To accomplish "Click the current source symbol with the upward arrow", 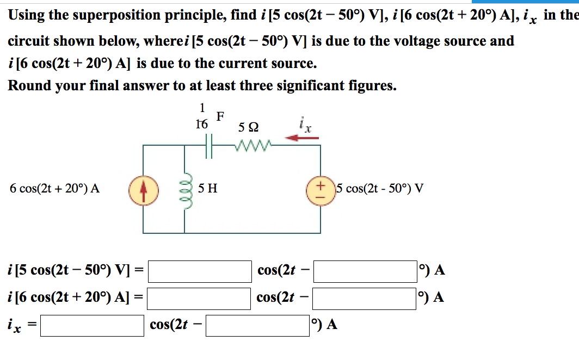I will pyautogui.click(x=143, y=188).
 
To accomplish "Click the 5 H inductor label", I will pyautogui.click(x=208, y=189).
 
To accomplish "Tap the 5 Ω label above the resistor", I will pyautogui.click(x=248, y=128).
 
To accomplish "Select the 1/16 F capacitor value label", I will pyautogui.click(x=202, y=116).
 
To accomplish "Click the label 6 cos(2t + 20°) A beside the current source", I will pyautogui.click(x=54, y=189).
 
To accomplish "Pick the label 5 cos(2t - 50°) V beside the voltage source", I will pyautogui.click(x=379, y=189).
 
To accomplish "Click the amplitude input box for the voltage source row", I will pyautogui.click(x=200, y=271).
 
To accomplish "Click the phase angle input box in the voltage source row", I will pyautogui.click(x=365, y=271).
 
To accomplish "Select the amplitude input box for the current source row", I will pyautogui.click(x=200, y=297).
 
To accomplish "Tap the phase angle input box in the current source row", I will pyautogui.click(x=365, y=297).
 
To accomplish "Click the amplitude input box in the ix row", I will pyautogui.click(x=92, y=325).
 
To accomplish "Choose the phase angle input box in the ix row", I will pyautogui.click(x=257, y=325).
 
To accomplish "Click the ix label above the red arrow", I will pyautogui.click(x=305, y=125).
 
